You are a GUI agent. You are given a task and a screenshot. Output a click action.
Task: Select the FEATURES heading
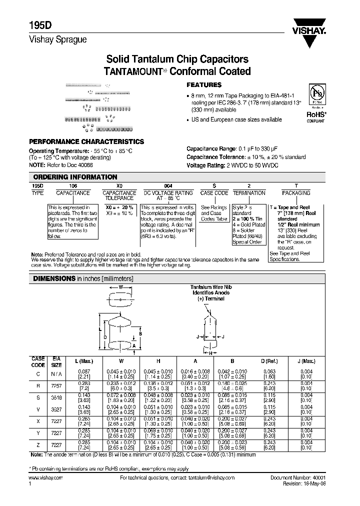point(203,85)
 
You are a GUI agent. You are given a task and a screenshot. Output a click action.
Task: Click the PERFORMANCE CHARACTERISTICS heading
point(86,142)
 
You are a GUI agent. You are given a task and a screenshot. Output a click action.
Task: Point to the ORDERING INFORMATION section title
point(75,177)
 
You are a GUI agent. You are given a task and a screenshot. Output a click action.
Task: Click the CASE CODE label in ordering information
point(214,193)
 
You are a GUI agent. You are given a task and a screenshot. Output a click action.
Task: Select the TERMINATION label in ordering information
point(249,193)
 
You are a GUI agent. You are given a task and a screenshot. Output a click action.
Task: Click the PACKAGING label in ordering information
point(296,193)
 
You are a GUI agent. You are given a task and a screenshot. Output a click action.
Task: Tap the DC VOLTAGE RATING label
point(168,193)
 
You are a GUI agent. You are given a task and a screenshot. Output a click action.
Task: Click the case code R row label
point(38,385)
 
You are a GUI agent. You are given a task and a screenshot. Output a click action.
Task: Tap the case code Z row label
point(38,445)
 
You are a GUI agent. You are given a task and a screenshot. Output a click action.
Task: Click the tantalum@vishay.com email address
point(209,478)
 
